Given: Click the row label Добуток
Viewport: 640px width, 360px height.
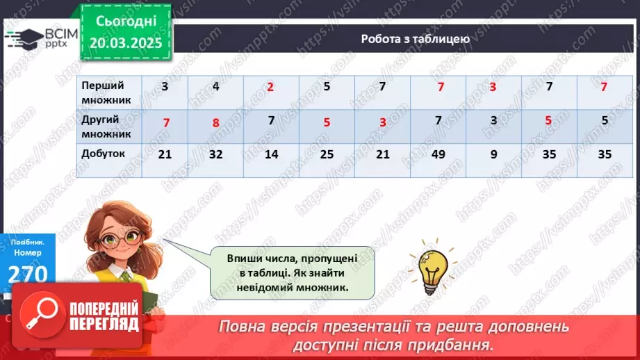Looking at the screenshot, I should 104,154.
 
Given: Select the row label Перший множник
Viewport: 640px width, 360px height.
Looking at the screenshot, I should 103,92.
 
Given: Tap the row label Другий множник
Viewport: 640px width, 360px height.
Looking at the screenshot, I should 103,124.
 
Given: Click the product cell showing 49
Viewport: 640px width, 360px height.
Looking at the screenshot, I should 438,154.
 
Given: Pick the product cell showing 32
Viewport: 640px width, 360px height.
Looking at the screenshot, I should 215,154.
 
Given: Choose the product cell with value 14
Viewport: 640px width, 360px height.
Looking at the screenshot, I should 271,154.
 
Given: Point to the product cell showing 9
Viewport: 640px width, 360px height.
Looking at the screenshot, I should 493,154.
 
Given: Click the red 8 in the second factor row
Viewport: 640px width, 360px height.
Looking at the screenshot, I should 215,124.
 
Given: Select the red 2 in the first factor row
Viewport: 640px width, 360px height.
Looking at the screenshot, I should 270,88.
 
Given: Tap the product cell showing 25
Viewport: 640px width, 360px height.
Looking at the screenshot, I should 327,154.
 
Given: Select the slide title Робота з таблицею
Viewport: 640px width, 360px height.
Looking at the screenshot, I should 416,39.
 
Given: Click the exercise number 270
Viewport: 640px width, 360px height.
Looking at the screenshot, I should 28,274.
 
